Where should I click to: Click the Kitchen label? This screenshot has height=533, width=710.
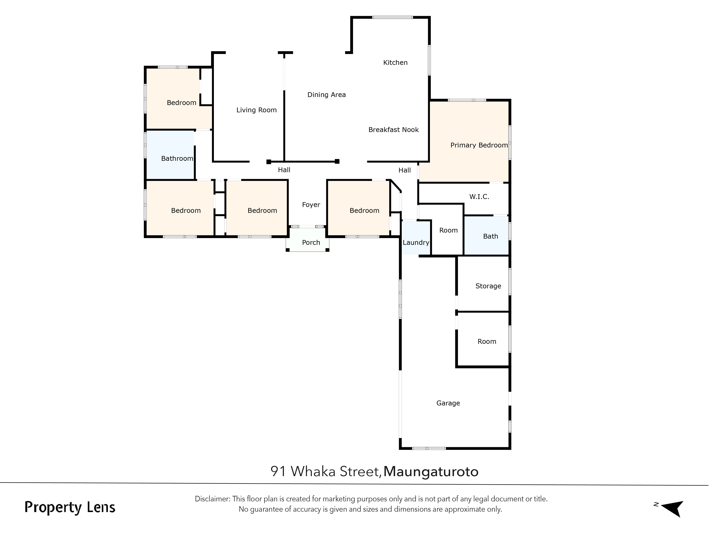395,63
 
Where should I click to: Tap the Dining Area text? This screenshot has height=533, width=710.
326,95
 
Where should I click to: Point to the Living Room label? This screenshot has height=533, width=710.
256,110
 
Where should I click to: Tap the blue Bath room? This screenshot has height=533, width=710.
486,236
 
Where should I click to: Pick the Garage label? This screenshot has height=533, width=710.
448,403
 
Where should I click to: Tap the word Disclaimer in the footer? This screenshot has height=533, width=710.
212,499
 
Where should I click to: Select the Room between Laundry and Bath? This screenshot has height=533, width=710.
448,230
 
